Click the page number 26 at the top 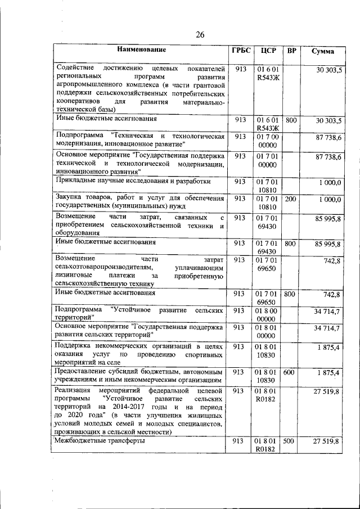200,35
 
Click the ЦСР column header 267,51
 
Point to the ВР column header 291,51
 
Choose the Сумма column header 322,51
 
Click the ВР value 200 290,199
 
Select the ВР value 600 289,373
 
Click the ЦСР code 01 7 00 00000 267,141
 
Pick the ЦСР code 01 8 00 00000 267,314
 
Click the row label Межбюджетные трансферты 100,442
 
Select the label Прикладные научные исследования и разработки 133,182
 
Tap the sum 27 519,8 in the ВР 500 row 327,443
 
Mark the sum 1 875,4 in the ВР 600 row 328,373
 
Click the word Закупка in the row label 70,199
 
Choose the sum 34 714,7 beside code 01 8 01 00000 327,328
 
